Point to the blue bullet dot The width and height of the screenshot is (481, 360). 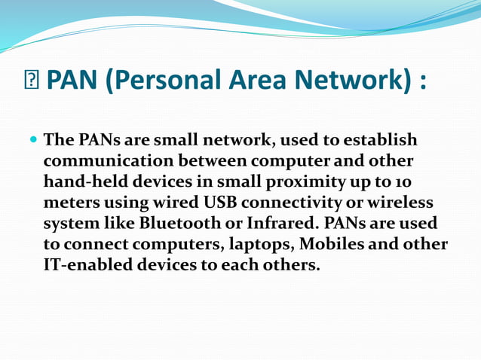click(32, 141)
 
